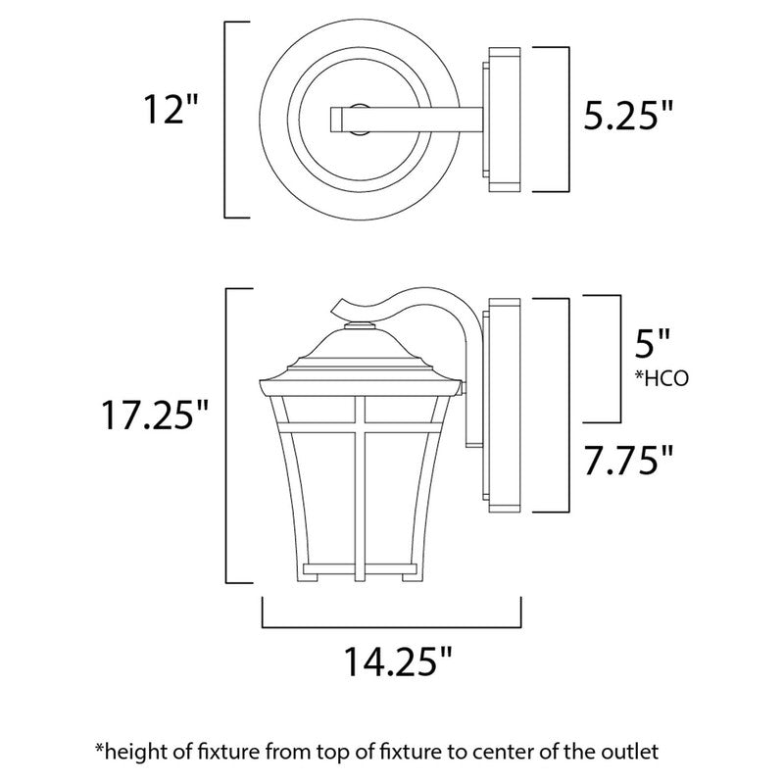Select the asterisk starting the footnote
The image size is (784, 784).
pyautogui.click(x=99, y=749)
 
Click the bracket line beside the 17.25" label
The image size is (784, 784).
pyautogui.click(x=227, y=435)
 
